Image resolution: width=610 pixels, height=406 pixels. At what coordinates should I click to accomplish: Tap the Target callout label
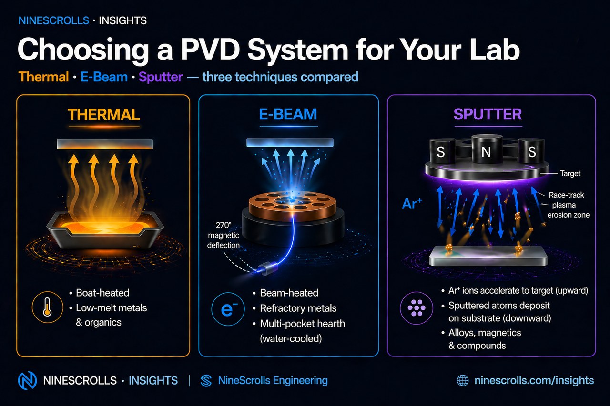[570, 173]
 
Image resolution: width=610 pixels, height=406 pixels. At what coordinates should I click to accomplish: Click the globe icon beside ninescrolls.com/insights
[463, 380]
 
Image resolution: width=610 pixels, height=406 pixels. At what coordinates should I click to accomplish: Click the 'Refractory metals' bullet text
[298, 308]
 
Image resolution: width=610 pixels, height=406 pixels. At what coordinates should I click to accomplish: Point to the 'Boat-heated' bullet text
[102, 293]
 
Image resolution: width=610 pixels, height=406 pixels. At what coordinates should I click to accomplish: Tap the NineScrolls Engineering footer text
[272, 380]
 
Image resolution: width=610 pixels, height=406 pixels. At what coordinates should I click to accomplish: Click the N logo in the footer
[27, 380]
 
